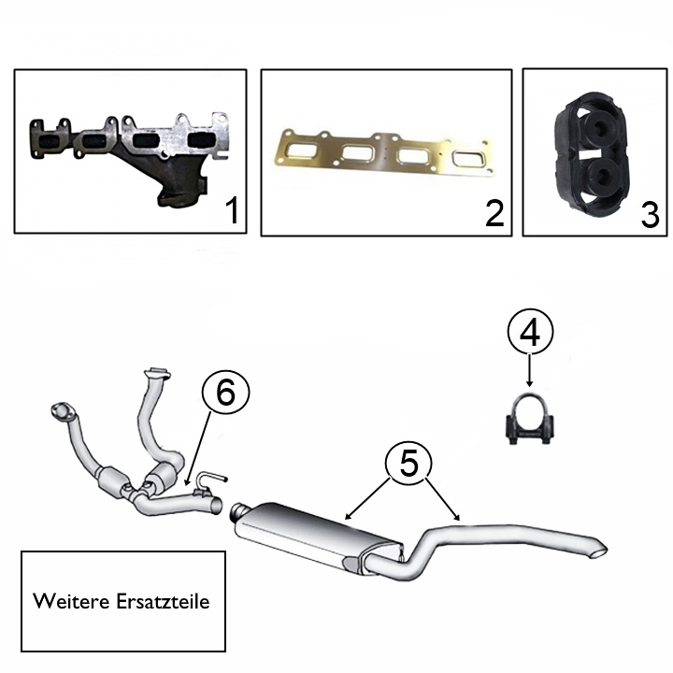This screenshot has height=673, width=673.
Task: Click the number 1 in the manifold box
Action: click(x=232, y=210)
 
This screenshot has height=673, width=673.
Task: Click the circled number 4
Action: click(x=530, y=331)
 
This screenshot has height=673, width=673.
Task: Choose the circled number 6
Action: click(x=226, y=393)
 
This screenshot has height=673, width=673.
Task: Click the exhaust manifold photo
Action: click(x=129, y=160)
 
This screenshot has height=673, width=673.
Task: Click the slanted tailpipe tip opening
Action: click(x=599, y=552)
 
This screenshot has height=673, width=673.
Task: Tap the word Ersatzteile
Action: click(x=163, y=601)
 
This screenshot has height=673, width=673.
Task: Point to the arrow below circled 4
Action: click(x=530, y=370)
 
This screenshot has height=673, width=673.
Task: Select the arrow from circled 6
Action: click(x=198, y=448)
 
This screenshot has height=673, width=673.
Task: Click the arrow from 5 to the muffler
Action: click(x=369, y=498)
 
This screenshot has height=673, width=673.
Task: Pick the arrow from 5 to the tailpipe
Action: click(x=442, y=498)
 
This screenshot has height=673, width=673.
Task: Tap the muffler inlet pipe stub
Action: click(x=238, y=511)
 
